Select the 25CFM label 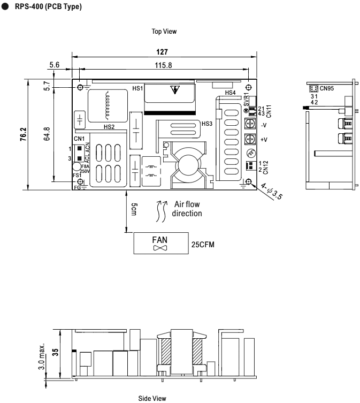(x=203, y=244)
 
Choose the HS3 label (x=206, y=123)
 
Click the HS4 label (x=230, y=93)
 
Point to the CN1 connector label (x=79, y=141)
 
